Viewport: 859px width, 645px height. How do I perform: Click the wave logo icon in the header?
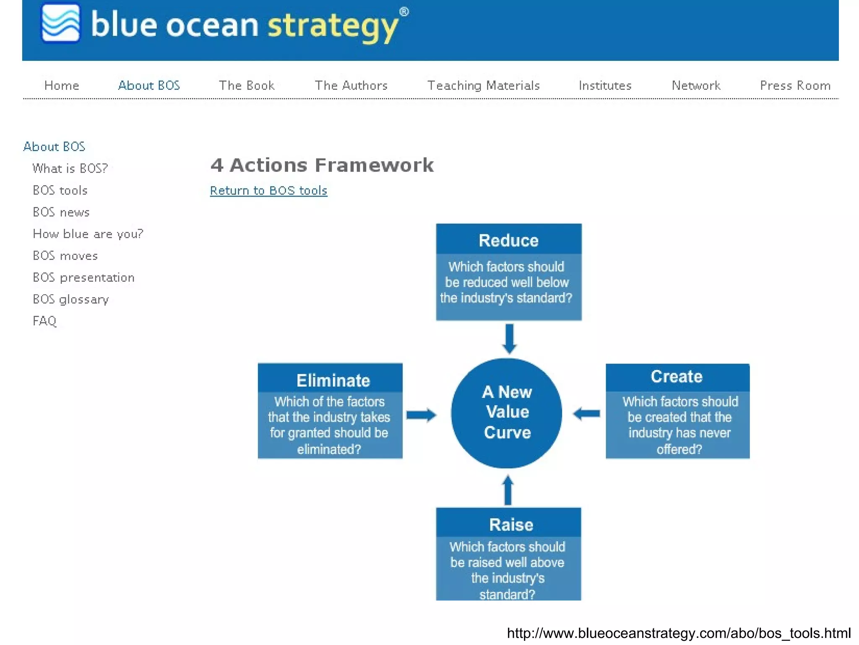tap(61, 23)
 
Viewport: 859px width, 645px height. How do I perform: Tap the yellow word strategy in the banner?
tap(333, 26)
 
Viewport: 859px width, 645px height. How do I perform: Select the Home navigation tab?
tap(62, 85)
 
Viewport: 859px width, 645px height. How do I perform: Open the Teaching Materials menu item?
tap(483, 85)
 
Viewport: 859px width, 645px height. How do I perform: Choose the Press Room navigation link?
tap(795, 85)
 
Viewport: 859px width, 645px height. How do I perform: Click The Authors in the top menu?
tap(351, 85)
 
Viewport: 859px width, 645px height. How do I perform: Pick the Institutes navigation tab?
tap(605, 85)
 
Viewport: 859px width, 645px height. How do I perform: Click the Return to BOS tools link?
tap(268, 190)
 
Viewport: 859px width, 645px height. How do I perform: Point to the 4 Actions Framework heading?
tap(322, 165)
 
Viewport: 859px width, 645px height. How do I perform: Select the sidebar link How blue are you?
tap(88, 233)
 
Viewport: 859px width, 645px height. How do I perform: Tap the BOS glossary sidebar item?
tap(71, 299)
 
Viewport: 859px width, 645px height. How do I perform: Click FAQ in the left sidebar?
tap(44, 321)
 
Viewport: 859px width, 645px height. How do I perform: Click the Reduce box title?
tap(508, 240)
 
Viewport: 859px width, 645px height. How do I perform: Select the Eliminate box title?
tap(333, 380)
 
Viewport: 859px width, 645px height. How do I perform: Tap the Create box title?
tap(676, 376)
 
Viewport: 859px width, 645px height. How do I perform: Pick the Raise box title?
tap(511, 524)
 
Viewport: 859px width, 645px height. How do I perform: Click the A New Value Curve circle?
tap(507, 412)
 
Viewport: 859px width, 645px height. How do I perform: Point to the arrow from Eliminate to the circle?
tap(421, 415)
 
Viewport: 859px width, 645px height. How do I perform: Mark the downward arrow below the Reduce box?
tap(509, 338)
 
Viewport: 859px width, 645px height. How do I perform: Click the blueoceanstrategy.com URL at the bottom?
tap(678, 632)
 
